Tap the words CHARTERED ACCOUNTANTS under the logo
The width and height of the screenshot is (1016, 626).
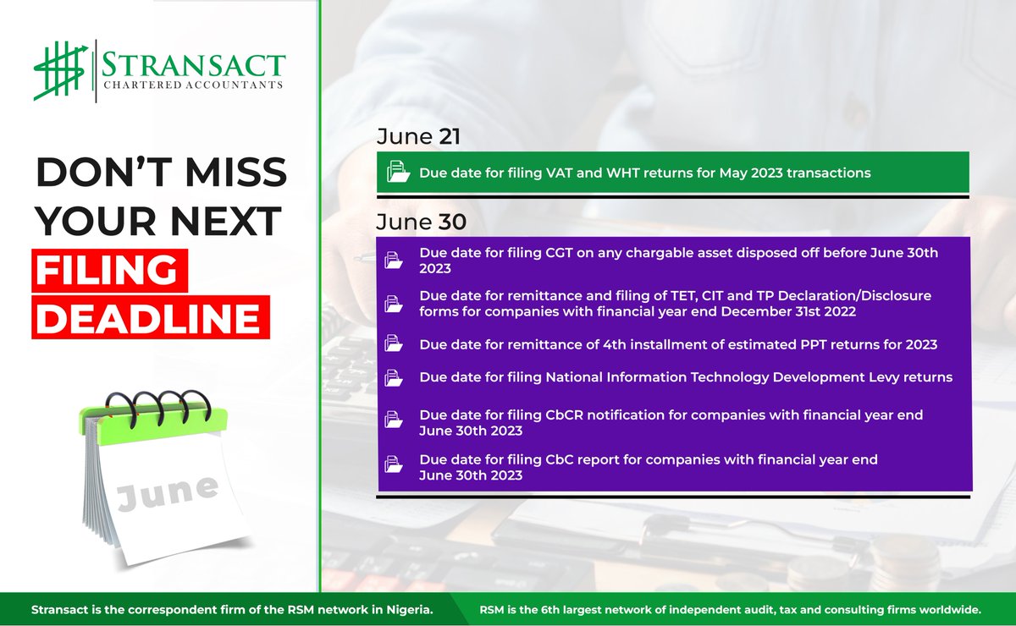click(x=193, y=85)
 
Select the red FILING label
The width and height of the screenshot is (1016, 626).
click(x=105, y=272)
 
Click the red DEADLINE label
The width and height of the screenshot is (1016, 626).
click(x=151, y=317)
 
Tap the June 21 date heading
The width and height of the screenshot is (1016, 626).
click(x=419, y=137)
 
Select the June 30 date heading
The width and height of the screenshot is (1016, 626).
click(x=420, y=222)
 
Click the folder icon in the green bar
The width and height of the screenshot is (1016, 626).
click(x=397, y=173)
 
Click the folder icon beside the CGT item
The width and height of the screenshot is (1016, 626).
click(x=394, y=260)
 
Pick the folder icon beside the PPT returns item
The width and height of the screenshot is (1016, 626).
click(x=394, y=343)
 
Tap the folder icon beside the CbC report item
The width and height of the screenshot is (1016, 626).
click(x=394, y=465)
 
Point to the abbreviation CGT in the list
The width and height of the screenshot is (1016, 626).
click(x=559, y=252)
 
